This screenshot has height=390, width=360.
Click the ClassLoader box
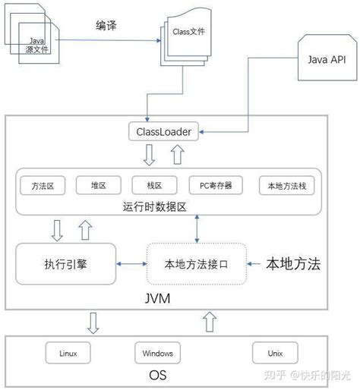[164, 132]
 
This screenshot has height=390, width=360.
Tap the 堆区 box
[99, 185]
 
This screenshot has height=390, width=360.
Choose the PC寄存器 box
[210, 185]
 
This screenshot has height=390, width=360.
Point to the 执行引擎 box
[65, 264]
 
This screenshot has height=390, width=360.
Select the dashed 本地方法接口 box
[197, 265]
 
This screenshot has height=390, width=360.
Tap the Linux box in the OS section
[68, 353]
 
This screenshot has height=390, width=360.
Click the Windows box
[158, 353]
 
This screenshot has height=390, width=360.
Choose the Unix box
[274, 353]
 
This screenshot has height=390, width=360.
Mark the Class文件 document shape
[185, 38]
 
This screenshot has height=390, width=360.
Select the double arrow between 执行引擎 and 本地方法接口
[131, 264]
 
